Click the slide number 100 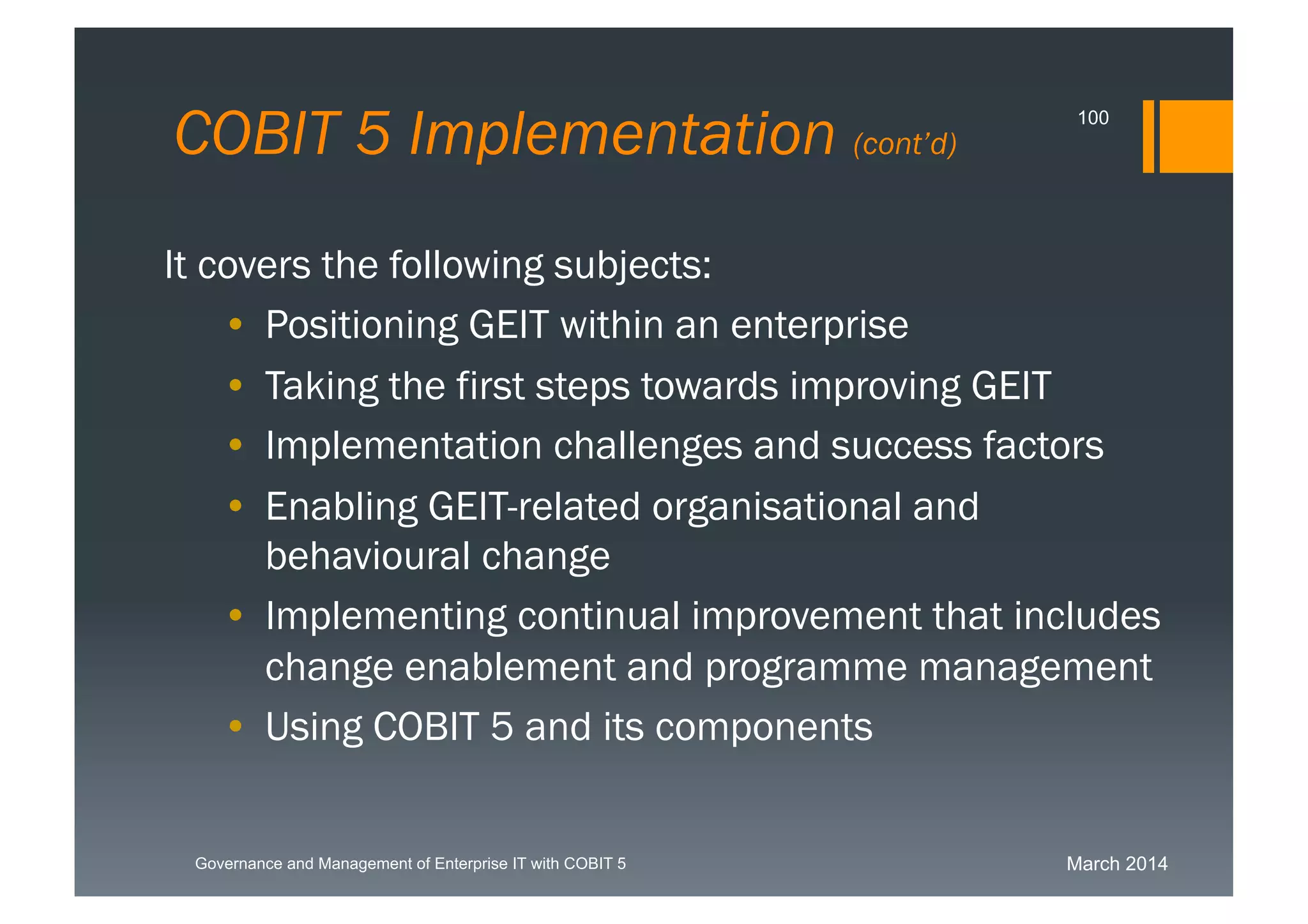point(1093,118)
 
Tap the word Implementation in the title point(621,134)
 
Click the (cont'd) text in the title point(905,144)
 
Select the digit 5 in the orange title point(372,134)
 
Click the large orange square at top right point(1196,136)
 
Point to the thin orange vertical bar point(1148,136)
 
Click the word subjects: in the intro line point(632,265)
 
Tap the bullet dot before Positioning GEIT point(236,325)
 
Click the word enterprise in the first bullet point(819,326)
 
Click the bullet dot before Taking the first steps point(236,385)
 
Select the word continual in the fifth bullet point(598,616)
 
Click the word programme point(805,667)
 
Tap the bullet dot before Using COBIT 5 point(236,725)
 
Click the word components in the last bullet point(763,727)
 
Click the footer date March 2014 point(1116,864)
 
